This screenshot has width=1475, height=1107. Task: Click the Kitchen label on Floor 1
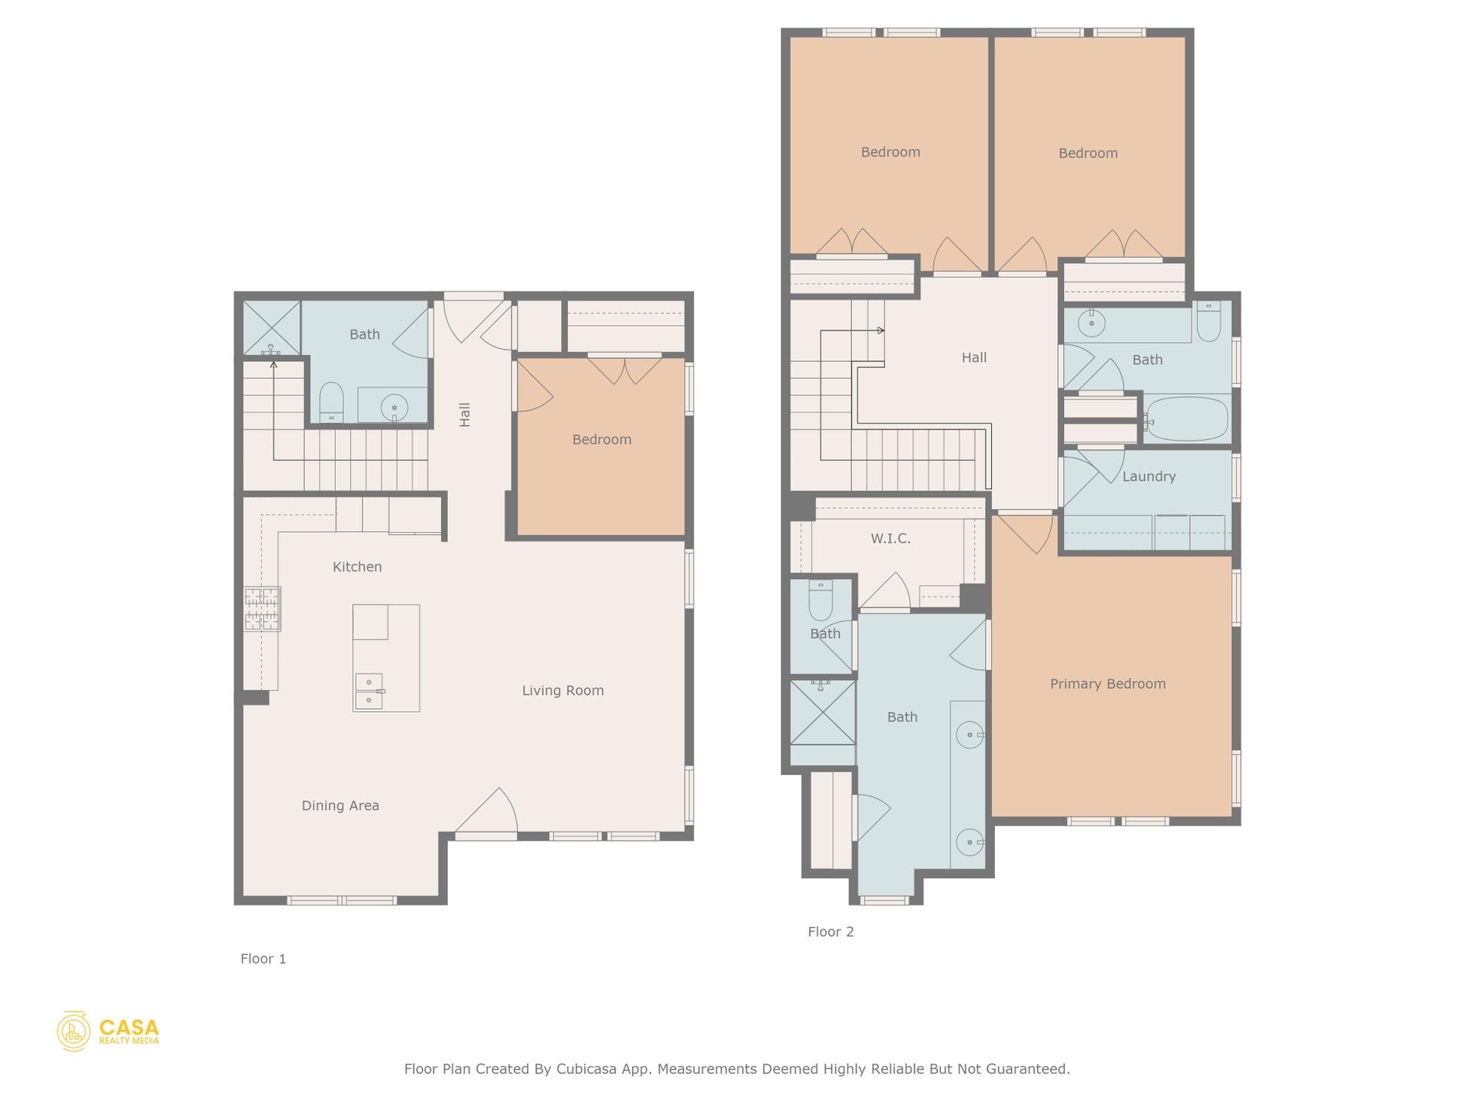356,567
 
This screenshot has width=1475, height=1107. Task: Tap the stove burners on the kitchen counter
263,609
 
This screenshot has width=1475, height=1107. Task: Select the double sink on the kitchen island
369,691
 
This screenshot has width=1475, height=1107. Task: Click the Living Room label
562,690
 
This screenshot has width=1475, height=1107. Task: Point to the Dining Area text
340,806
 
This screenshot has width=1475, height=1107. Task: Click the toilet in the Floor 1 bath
331,401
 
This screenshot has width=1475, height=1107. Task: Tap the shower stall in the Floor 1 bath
271,327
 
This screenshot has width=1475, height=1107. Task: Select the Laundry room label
1149,477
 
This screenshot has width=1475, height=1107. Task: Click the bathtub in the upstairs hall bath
1186,419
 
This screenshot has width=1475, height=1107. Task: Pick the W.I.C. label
890,539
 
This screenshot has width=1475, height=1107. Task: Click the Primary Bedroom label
1107,684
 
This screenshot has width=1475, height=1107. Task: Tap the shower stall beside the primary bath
823,713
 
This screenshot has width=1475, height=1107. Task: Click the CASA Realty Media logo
108,1032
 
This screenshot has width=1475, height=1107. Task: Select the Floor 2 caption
830,932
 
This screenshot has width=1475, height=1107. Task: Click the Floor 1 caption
263,959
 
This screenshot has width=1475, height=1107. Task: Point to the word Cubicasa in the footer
586,1069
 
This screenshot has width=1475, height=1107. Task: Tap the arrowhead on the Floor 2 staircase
880,331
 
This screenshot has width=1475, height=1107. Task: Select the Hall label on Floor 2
973,357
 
